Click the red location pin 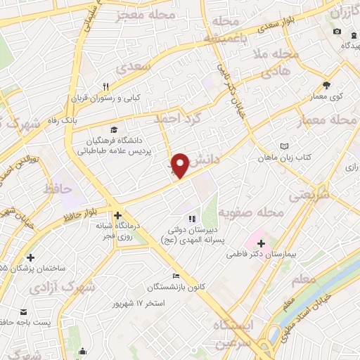click(x=181, y=165)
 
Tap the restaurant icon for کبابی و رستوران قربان click(x=105, y=86)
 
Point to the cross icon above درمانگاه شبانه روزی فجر click(x=117, y=215)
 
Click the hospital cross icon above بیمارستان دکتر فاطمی click(x=261, y=242)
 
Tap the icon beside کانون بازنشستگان click(x=176, y=276)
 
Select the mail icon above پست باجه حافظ click(x=25, y=311)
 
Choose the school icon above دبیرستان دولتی click(x=192, y=219)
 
